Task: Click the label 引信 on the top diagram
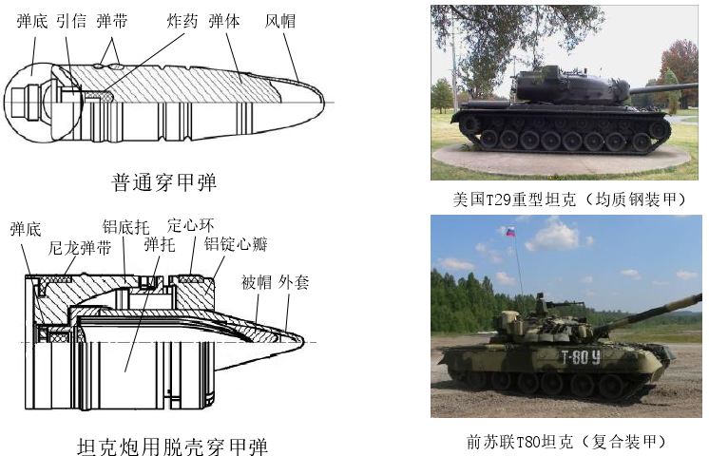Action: pyautogui.click(x=72, y=21)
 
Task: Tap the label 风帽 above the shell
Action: pyautogui.click(x=280, y=21)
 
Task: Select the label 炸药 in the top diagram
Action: pyautogui.click(x=182, y=21)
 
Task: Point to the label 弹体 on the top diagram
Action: pyautogui.click(x=224, y=21)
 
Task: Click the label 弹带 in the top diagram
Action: pyautogui.click(x=112, y=21)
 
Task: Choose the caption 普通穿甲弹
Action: pyautogui.click(x=164, y=182)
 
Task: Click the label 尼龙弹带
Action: pyautogui.click(x=80, y=248)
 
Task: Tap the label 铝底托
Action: pyautogui.click(x=125, y=227)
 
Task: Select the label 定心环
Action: pyautogui.click(x=190, y=224)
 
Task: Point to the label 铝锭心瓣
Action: pyautogui.click(x=236, y=244)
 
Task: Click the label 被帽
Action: pyautogui.click(x=257, y=282)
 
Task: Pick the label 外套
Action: pyautogui.click(x=294, y=282)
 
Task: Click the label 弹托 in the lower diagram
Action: pyautogui.click(x=160, y=244)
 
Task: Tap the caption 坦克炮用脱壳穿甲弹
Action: pyautogui.click(x=173, y=446)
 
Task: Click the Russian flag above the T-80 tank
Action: pyautogui.click(x=511, y=232)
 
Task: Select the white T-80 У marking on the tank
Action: pyautogui.click(x=581, y=357)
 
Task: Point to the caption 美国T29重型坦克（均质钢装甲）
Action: pyautogui.click(x=569, y=199)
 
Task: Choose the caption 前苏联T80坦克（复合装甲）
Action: pyautogui.click(x=566, y=442)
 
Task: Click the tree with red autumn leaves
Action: pyautogui.click(x=680, y=72)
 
